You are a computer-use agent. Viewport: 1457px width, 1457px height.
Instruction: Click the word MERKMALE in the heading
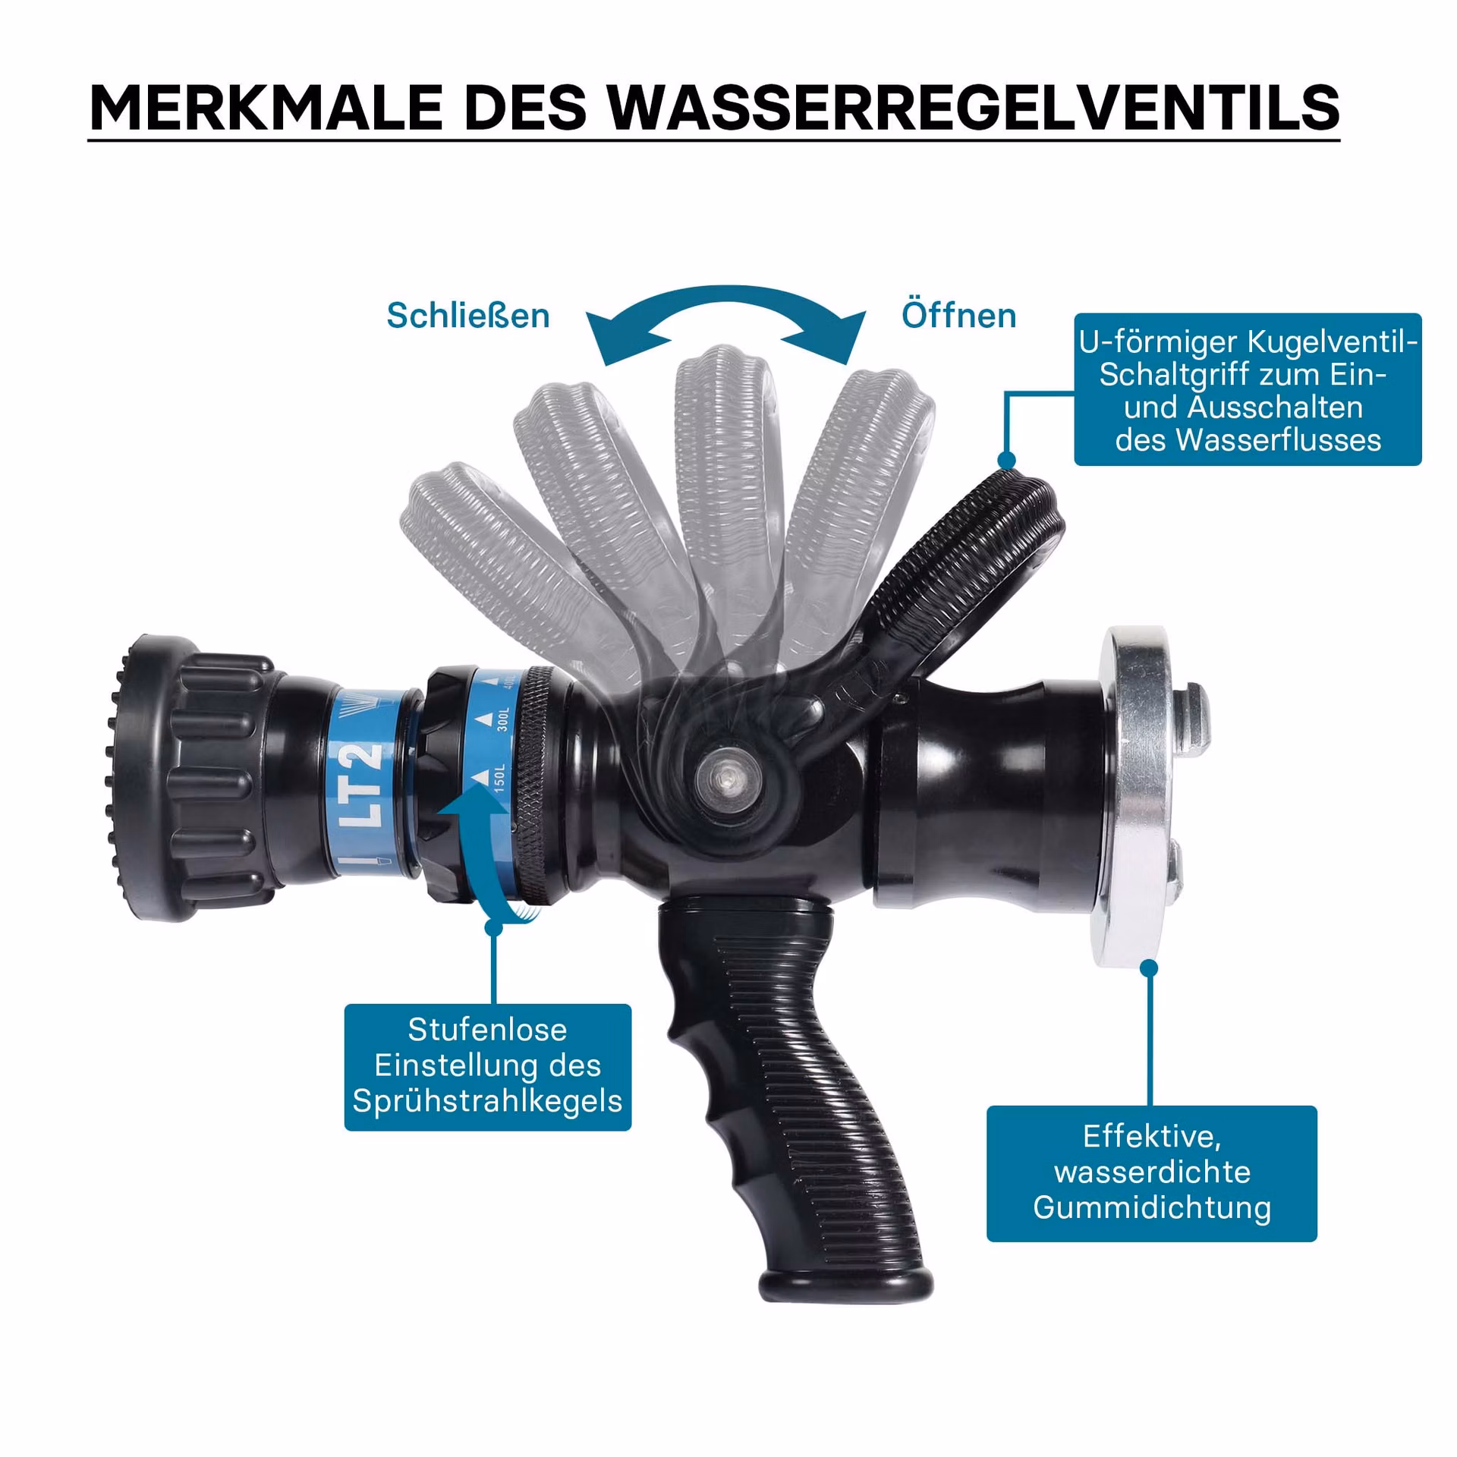point(266,107)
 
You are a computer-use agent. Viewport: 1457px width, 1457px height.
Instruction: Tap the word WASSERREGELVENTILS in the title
point(974,107)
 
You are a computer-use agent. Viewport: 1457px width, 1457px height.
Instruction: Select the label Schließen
point(468,316)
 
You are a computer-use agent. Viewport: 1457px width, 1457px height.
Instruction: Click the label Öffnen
point(958,315)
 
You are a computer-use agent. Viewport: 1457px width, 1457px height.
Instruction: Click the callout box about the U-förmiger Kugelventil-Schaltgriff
point(1248,389)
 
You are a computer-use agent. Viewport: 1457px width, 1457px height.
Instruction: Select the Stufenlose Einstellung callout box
point(488,1067)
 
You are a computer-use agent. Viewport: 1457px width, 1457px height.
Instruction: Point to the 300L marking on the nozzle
point(502,716)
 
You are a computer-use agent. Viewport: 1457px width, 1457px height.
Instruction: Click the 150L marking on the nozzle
point(499,778)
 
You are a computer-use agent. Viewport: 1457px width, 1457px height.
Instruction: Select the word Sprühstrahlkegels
point(487,1101)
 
